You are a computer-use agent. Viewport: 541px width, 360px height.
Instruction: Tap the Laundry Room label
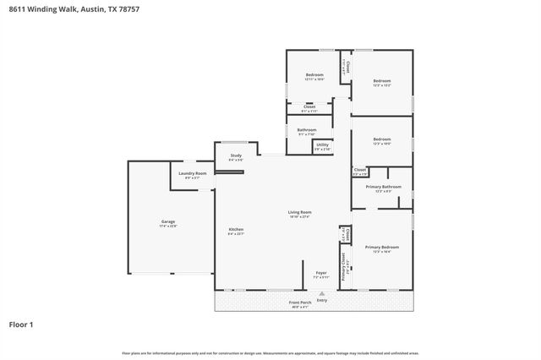pos(193,173)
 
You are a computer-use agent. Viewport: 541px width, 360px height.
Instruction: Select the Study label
pos(235,155)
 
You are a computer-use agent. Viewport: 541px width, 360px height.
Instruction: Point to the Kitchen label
pos(236,230)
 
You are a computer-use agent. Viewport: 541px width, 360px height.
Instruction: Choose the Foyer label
pos(321,273)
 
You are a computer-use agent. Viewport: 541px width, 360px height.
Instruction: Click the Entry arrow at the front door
pos(321,291)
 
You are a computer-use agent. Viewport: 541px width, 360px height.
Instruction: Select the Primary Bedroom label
pos(381,247)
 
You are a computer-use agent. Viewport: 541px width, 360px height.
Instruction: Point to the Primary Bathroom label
pos(383,187)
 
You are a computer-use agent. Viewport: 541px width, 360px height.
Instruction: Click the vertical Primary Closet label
pos(343,266)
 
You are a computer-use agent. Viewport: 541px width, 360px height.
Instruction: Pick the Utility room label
pos(322,145)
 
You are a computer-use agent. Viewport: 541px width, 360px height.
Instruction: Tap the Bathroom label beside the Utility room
pos(306,129)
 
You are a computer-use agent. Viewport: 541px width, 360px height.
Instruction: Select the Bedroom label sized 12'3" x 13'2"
pos(382,81)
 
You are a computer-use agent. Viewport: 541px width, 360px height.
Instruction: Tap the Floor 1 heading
pos(22,324)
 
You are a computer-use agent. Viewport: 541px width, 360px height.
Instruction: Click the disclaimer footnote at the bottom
pos(270,352)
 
